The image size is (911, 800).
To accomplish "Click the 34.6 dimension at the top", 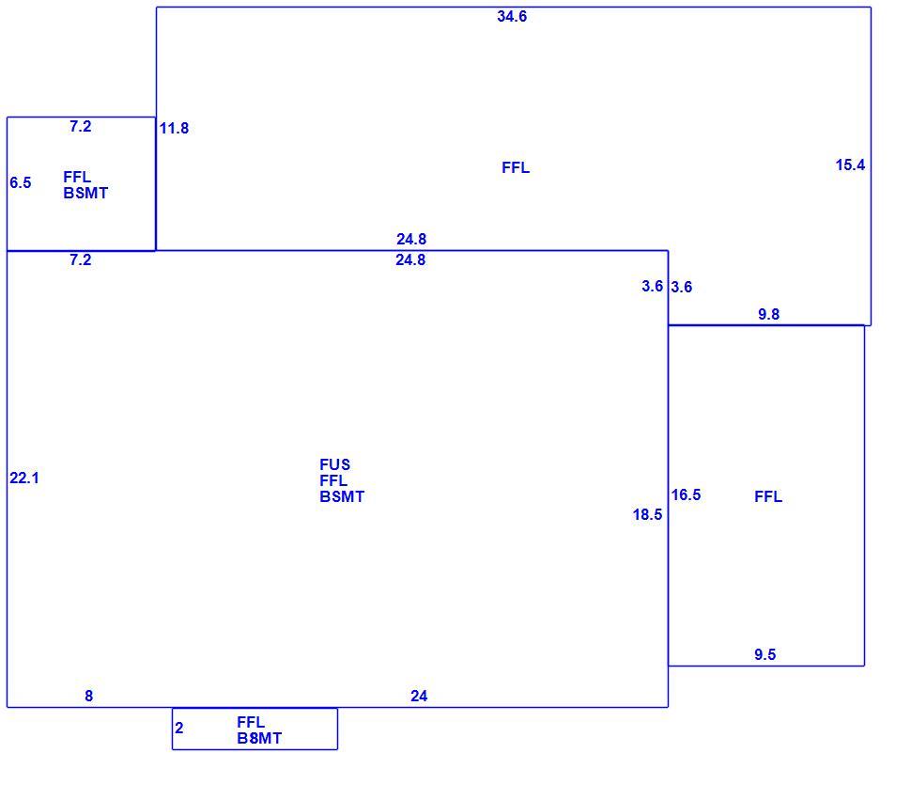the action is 512,16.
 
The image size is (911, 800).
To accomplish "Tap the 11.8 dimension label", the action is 174,128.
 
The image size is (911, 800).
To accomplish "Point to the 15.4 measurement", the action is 850,165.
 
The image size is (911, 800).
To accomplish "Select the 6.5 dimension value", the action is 21,182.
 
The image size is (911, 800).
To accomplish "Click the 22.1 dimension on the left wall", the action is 23,478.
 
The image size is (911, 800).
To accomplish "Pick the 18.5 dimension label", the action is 647,514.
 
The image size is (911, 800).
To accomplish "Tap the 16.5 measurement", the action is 686,494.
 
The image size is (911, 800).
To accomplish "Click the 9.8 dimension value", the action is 768,314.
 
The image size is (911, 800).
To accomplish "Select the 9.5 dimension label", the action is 765,654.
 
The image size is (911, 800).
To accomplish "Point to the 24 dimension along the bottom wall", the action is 419,696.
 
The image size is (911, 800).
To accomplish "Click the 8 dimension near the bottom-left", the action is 89,696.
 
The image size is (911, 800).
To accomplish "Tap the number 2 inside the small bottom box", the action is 179,728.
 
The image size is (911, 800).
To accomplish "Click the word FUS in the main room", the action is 334,464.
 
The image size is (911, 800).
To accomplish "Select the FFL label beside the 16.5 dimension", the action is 768,496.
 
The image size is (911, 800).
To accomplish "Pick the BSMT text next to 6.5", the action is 85,193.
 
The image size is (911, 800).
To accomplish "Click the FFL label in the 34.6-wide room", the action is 516,167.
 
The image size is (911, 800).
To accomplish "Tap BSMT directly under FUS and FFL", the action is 342,496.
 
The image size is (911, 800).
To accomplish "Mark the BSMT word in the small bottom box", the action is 259,738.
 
